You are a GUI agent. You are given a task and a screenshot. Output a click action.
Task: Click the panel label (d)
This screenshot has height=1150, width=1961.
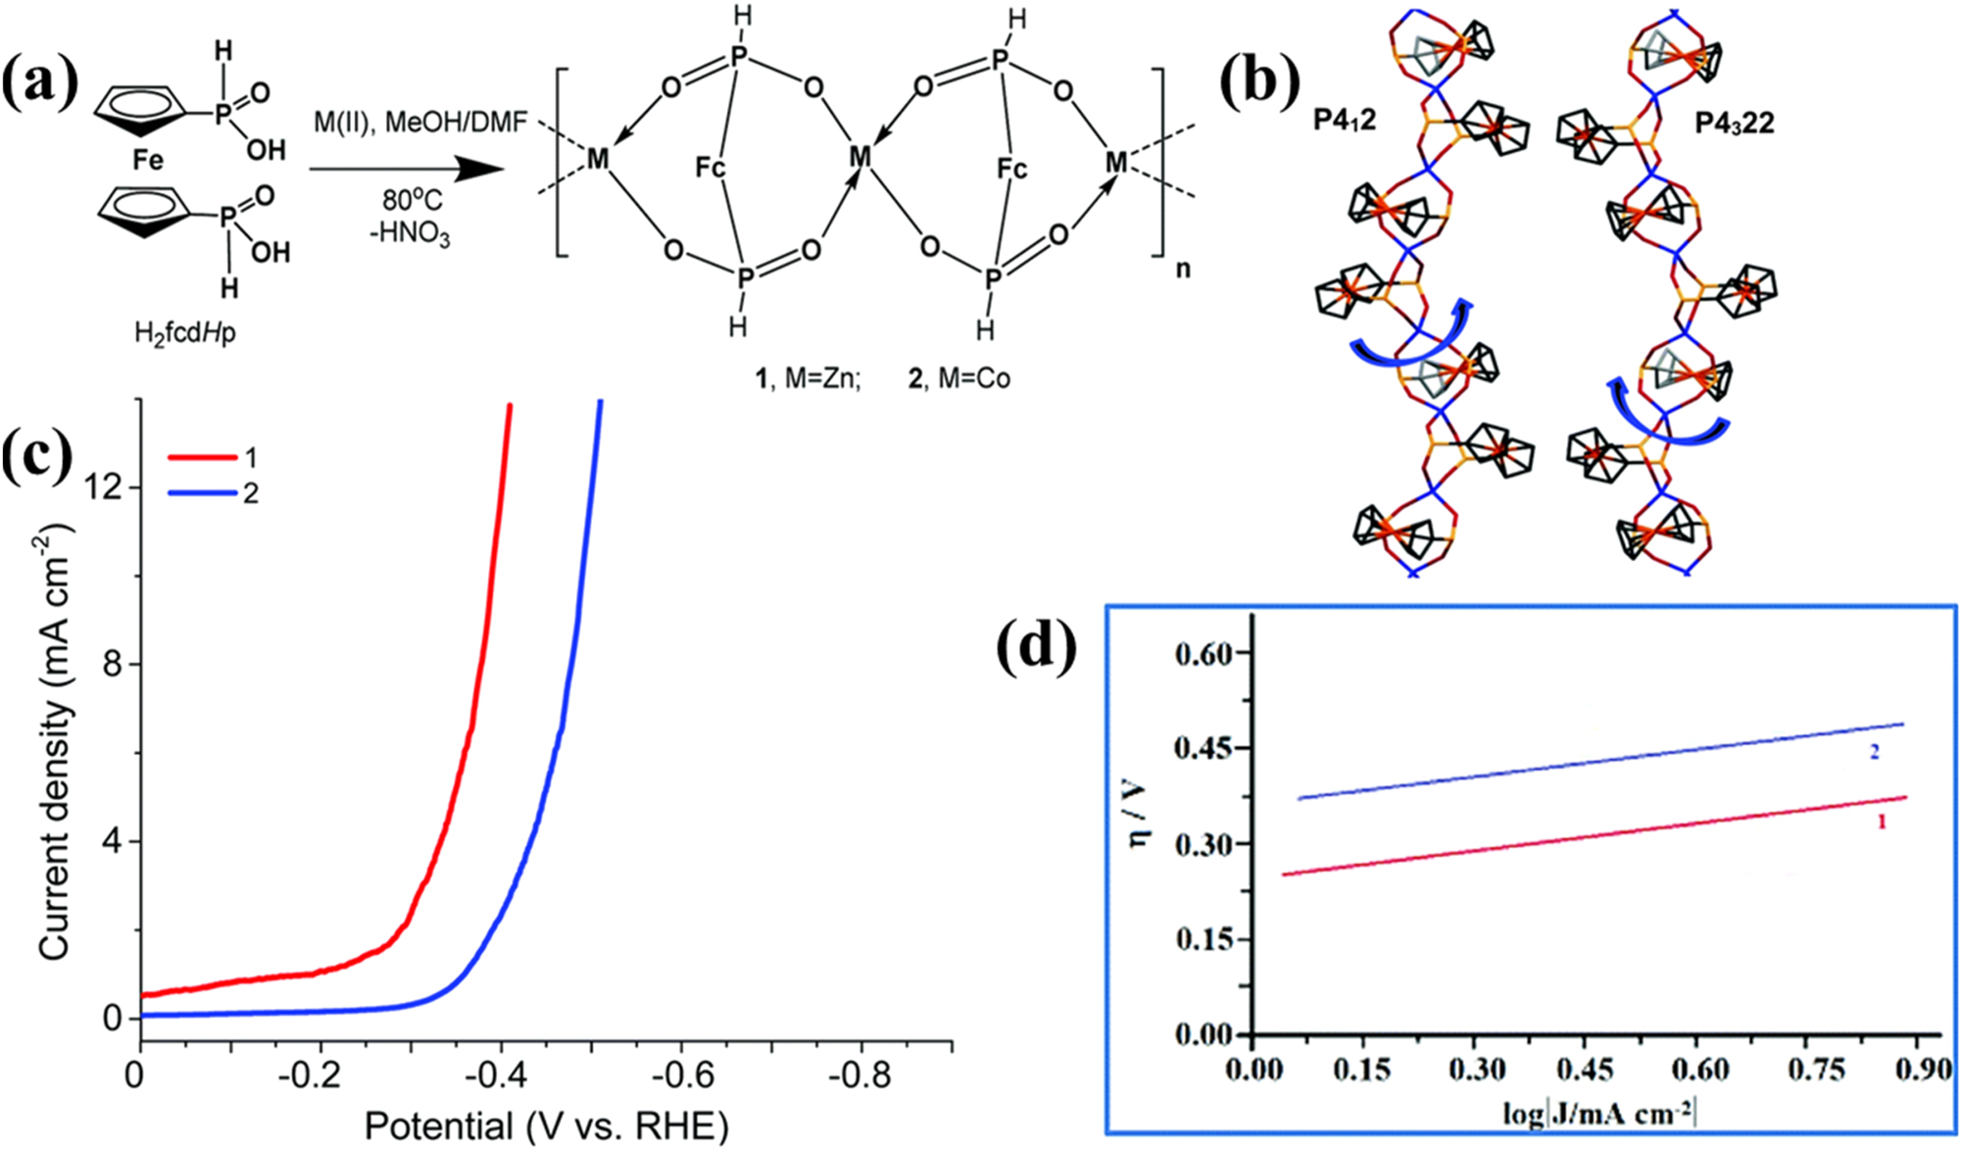click(x=1036, y=648)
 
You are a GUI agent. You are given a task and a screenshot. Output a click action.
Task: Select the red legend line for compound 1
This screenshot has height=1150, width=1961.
click(x=201, y=457)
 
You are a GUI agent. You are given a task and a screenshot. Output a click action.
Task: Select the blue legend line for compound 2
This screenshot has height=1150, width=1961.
click(x=201, y=492)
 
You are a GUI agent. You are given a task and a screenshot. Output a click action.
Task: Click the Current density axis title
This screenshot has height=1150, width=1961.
click(x=56, y=742)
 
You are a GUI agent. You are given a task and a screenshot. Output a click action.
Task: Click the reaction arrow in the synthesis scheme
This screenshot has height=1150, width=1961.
click(x=407, y=169)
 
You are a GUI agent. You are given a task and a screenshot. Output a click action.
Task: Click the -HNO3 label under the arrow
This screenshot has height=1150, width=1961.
click(x=411, y=235)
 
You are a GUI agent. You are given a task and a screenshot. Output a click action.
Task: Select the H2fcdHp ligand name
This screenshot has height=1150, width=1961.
click(x=185, y=333)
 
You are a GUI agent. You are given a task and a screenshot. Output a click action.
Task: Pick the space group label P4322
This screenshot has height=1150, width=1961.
click(x=1734, y=124)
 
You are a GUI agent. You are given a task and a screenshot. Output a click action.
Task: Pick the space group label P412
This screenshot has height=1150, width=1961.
click(x=1345, y=120)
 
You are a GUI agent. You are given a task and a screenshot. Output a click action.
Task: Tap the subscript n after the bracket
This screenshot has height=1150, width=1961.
click(x=1183, y=268)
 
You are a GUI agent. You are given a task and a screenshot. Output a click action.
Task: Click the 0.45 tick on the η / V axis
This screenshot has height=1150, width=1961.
click(x=1202, y=749)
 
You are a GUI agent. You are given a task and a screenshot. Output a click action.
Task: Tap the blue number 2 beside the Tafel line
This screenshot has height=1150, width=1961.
click(x=1874, y=752)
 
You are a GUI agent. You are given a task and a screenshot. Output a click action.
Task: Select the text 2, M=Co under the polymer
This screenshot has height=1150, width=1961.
click(x=958, y=378)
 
